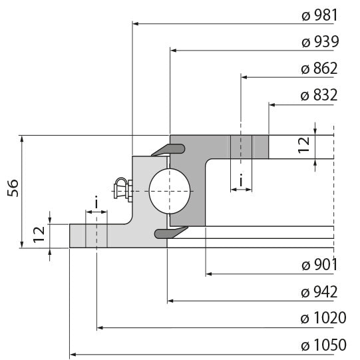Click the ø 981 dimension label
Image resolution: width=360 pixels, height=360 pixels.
[x=319, y=15]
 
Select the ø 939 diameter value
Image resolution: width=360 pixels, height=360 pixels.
[x=319, y=42]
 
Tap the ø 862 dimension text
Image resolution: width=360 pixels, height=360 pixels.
[x=319, y=69]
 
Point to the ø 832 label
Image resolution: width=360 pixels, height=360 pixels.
[x=319, y=95]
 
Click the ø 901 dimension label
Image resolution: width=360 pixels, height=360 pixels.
[x=319, y=265]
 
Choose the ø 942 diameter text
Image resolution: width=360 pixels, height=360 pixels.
[x=319, y=291]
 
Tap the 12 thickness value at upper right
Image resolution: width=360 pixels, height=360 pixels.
[x=304, y=146]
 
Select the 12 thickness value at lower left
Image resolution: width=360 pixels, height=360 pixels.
[x=39, y=232]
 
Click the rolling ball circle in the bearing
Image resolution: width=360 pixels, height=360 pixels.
[x=170, y=190]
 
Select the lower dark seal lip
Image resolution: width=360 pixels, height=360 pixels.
[x=166, y=232]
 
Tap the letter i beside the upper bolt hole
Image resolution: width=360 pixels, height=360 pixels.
[x=241, y=180]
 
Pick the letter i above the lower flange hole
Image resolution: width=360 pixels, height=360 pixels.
[x=96, y=202]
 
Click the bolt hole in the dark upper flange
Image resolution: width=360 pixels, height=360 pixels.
[x=241, y=147]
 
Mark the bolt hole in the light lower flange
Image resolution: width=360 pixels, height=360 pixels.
[x=96, y=236]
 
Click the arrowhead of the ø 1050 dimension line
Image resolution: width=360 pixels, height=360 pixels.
[x=73, y=355]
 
